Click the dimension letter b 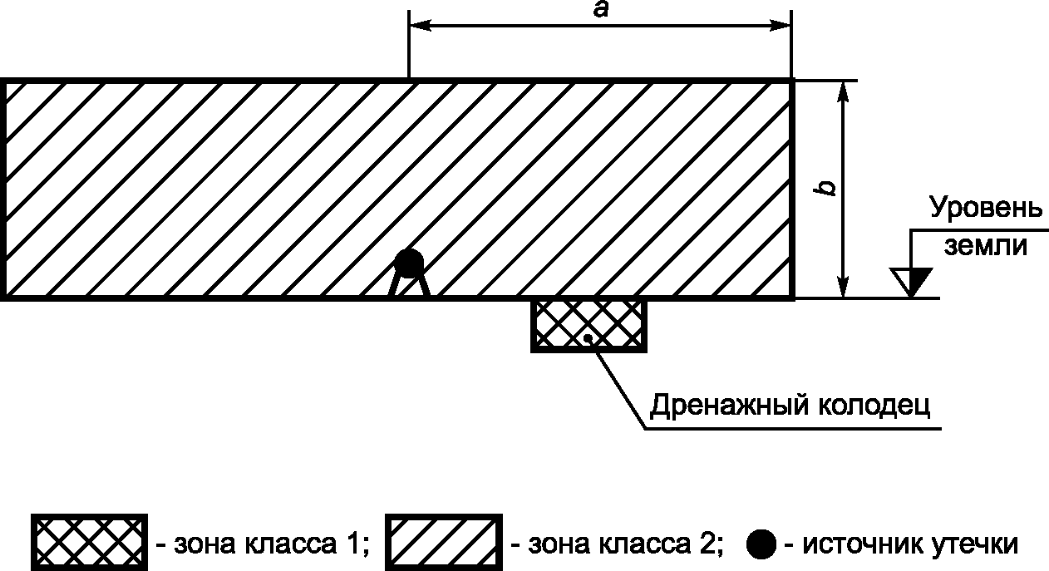coord(827,188)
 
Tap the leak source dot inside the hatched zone coord(408,263)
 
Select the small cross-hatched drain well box coord(589,325)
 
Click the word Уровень coord(985,209)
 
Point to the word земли coord(985,247)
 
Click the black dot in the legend coord(761,544)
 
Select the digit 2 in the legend coord(712,544)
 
